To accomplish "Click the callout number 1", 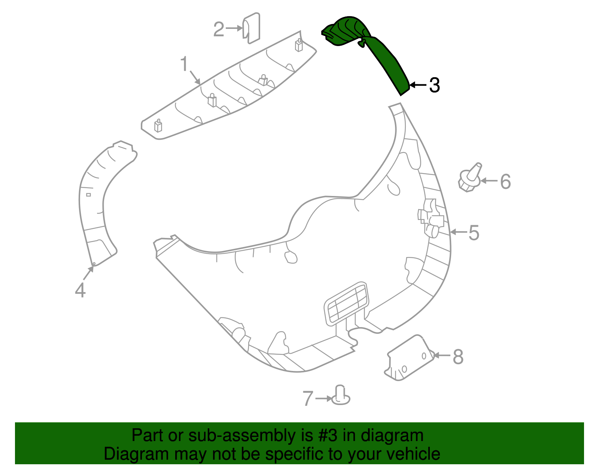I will [184, 64].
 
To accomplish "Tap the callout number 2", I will [219, 29].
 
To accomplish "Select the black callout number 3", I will [434, 85].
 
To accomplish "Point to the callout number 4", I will [80, 290].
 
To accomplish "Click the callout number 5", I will [474, 233].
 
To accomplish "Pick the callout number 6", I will [505, 182].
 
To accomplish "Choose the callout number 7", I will [308, 398].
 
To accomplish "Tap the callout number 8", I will [458, 357].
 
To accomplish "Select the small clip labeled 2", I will [252, 28].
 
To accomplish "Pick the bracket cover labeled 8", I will [410, 358].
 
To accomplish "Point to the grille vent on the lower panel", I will [346, 303].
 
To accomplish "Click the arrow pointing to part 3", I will [418, 85].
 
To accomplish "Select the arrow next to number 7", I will [323, 398].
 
